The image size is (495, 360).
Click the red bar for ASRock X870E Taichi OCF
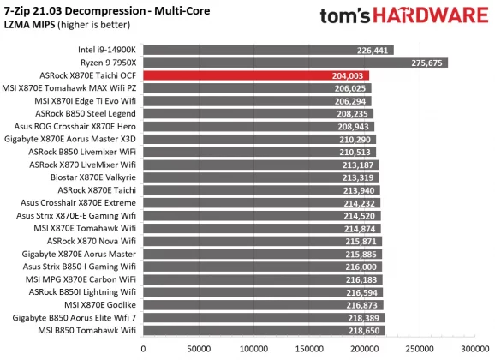tap(256, 75)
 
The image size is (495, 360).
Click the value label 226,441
tap(376, 51)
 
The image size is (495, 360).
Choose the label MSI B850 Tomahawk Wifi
tap(89, 330)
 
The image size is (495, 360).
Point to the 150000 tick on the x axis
tap(309, 349)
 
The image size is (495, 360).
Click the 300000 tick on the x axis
tap(475, 349)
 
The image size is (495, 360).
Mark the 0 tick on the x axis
tap(143, 349)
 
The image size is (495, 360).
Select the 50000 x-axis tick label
tap(199, 349)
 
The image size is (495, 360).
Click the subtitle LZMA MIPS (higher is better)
tap(64, 25)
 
